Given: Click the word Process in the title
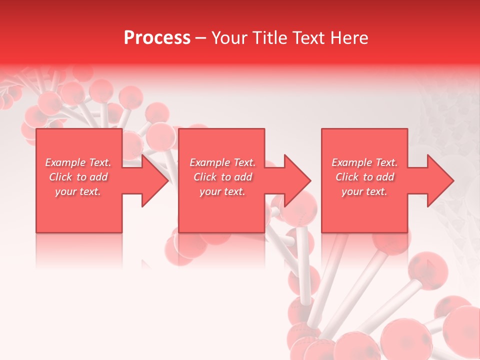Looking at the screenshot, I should tap(157, 38).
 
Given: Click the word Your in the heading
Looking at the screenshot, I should tap(230, 38).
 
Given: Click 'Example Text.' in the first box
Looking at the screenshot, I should tap(78, 162).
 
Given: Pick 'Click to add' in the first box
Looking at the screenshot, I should tap(78, 177).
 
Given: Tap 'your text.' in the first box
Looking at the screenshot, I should tap(78, 191).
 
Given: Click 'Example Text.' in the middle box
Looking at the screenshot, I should tap(222, 162).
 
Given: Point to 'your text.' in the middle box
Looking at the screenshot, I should tap(222, 191).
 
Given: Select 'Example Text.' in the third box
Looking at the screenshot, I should tap(364, 162).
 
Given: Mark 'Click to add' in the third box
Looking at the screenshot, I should tap(365, 177).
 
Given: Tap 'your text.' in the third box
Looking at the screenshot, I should tap(364, 191).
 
